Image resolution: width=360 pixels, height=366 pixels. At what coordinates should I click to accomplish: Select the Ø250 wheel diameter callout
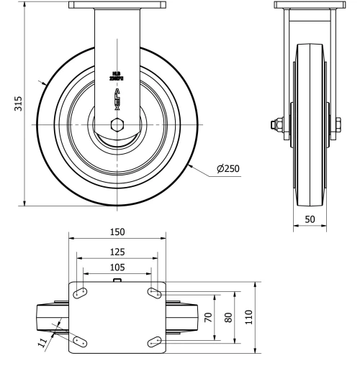[x=228, y=170]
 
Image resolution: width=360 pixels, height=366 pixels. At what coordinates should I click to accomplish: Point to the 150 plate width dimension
[x=117, y=232]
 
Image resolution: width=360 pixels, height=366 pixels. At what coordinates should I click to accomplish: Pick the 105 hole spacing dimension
[x=117, y=267]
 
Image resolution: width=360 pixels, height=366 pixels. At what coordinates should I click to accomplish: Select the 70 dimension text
[x=208, y=316]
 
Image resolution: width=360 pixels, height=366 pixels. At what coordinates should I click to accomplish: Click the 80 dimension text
[x=228, y=316]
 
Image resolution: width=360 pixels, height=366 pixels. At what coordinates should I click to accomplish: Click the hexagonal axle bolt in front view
[x=117, y=124]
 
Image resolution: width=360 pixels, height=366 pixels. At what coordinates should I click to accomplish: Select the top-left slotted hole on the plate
[x=80, y=292]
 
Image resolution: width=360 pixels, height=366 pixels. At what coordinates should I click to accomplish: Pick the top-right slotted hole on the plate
[x=154, y=292]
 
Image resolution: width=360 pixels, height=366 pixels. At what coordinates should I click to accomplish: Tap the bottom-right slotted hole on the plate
[x=154, y=341]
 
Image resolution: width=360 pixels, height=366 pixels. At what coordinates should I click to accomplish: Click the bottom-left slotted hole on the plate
[x=80, y=341]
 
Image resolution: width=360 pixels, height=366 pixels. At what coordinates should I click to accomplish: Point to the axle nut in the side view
[x=276, y=127]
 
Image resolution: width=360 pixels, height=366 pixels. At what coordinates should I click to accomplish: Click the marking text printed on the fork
[x=116, y=75]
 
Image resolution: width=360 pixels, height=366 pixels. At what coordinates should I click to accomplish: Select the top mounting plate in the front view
[x=117, y=6]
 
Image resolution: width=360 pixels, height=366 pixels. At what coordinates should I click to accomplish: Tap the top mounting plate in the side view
[x=309, y=6]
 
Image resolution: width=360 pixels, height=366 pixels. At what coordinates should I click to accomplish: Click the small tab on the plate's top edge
[x=117, y=280]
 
